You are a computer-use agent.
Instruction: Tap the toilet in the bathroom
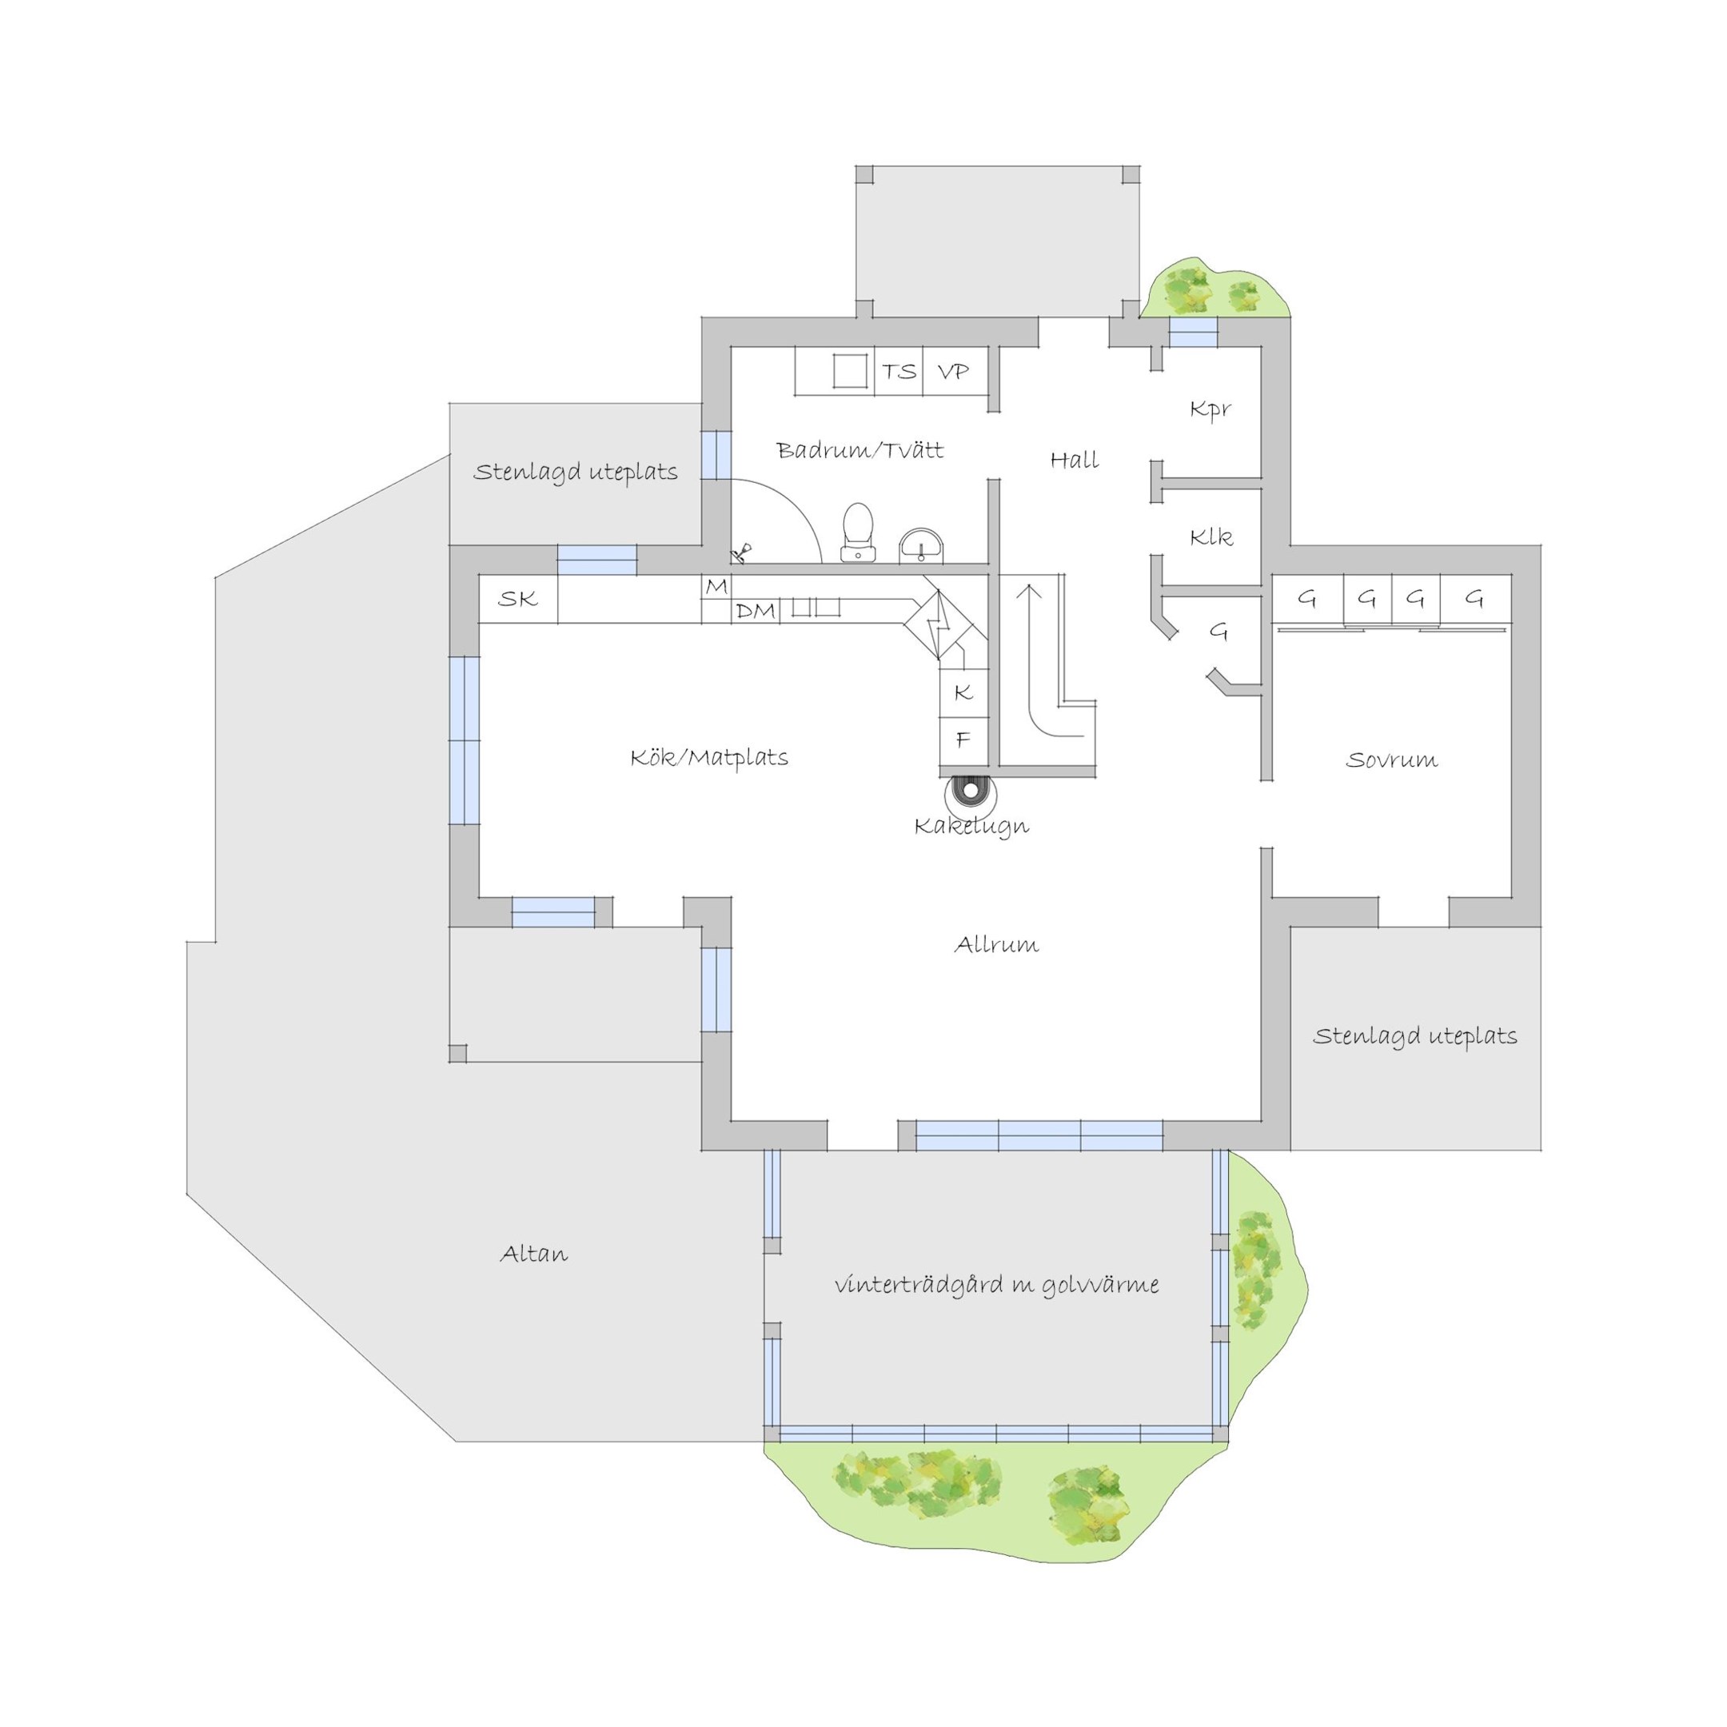pyautogui.click(x=857, y=532)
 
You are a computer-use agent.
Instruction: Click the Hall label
pyautogui.click(x=1074, y=461)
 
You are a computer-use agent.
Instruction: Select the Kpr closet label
pyautogui.click(x=1210, y=409)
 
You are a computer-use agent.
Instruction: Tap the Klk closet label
pyautogui.click(x=1210, y=537)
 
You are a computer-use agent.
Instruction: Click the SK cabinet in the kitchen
pyautogui.click(x=518, y=599)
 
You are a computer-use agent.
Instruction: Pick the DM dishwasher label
pyautogui.click(x=756, y=612)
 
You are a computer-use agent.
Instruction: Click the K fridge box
pyautogui.click(x=963, y=692)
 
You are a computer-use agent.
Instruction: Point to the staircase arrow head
pyautogui.click(x=1030, y=591)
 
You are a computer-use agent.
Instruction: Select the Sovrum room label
pyautogui.click(x=1392, y=760)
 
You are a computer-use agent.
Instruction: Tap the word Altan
pyautogui.click(x=533, y=1254)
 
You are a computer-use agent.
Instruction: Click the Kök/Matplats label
pyautogui.click(x=709, y=758)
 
